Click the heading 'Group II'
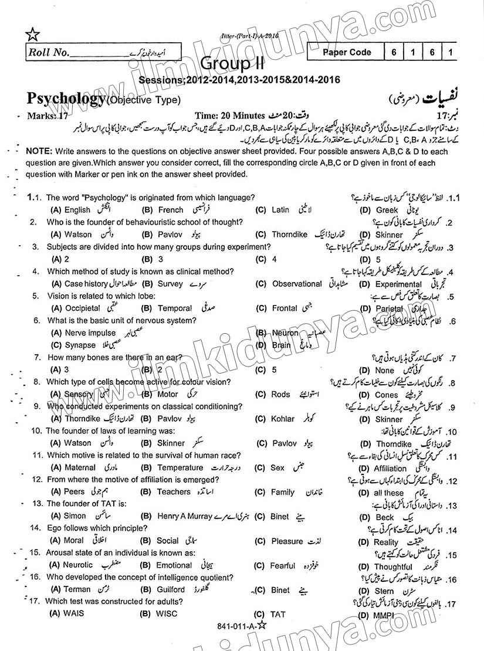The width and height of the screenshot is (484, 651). click(x=232, y=63)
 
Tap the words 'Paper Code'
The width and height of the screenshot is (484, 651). click(x=347, y=52)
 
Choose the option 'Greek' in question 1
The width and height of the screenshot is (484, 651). click(x=387, y=210)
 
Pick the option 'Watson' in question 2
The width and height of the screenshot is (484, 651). click(x=77, y=235)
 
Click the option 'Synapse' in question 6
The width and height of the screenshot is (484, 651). click(x=80, y=345)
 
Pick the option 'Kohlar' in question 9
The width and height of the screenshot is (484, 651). click(x=283, y=419)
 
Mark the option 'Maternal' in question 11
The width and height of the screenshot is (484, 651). click(x=80, y=467)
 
